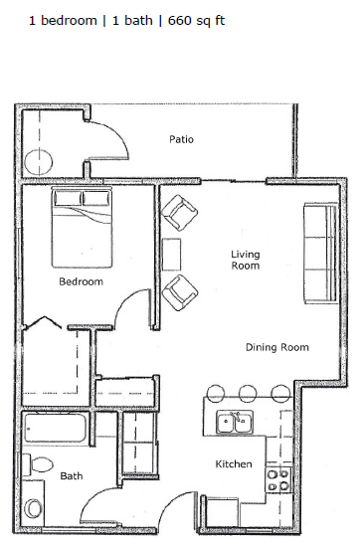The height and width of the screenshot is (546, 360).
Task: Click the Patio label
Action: tap(181, 140)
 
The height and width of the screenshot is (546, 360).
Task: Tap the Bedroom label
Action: tap(81, 281)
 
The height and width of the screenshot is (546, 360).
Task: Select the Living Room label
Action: tap(245, 260)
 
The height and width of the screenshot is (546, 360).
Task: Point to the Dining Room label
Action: tap(277, 347)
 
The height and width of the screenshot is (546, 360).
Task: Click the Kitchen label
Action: tap(234, 464)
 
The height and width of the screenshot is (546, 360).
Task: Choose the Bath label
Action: tap(72, 476)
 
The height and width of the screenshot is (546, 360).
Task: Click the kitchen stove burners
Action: tap(278, 479)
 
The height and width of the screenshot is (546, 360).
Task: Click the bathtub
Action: tap(59, 429)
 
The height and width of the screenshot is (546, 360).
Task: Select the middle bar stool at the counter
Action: tap(249, 393)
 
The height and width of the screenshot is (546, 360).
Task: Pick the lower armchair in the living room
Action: tap(180, 292)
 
